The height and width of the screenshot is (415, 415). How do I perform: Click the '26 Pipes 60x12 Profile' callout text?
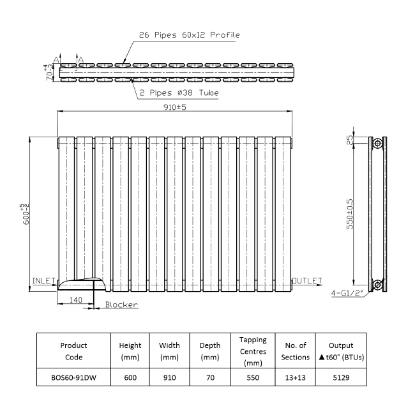[x=190, y=34]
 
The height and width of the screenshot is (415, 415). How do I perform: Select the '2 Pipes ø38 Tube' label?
[x=179, y=93]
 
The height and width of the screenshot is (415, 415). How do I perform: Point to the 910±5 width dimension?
[x=174, y=107]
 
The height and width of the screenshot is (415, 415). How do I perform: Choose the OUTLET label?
[x=308, y=281]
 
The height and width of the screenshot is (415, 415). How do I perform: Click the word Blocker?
[x=121, y=305]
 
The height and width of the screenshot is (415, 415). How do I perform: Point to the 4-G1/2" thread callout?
[x=348, y=294]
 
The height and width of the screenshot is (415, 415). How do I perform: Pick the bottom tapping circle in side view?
[x=377, y=283]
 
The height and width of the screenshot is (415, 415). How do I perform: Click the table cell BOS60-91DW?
[x=73, y=378]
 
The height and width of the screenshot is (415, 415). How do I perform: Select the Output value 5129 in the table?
[x=340, y=378]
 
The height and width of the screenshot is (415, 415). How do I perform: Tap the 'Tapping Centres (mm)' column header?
[x=253, y=351]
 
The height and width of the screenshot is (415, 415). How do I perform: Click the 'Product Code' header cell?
[x=73, y=351]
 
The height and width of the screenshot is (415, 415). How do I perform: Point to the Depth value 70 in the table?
[x=210, y=378]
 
